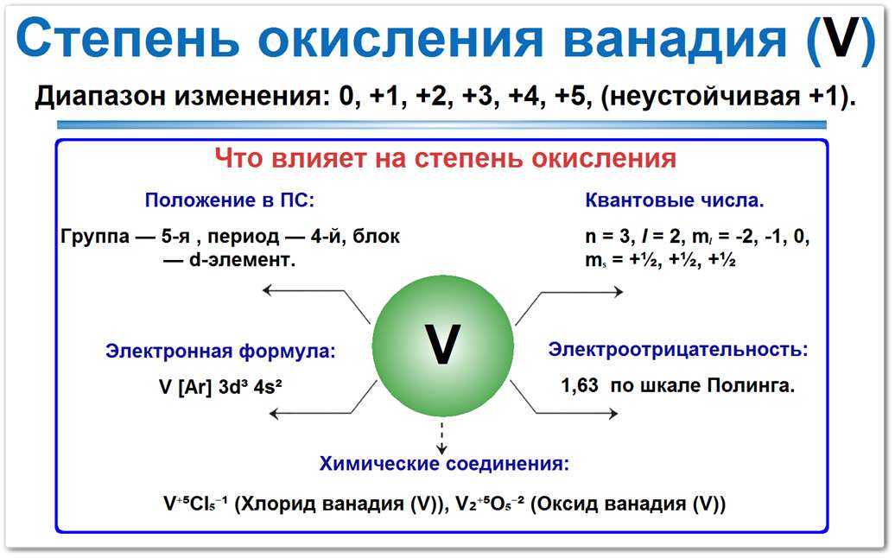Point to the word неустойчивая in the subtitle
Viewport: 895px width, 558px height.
(698, 96)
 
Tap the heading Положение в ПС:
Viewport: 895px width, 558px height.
(229, 201)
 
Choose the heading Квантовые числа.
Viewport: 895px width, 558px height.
(675, 201)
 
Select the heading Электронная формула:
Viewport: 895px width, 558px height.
(220, 352)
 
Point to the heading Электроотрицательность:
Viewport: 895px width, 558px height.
(679, 350)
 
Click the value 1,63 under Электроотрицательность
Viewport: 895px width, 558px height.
(580, 386)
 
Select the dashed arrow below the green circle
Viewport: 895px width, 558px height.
(442, 437)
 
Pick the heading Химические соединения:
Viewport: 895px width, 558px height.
(444, 465)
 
